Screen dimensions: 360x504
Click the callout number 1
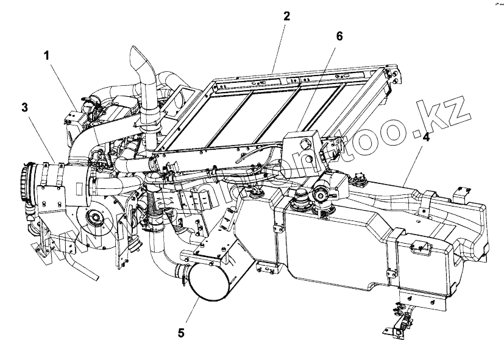coord(46,55)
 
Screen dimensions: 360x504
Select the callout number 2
coord(286,16)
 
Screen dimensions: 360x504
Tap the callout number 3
coord(24,108)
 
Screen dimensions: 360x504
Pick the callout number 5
coord(181,333)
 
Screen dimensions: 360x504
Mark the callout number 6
coord(339,37)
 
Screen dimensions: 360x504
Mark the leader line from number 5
coord(191,311)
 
